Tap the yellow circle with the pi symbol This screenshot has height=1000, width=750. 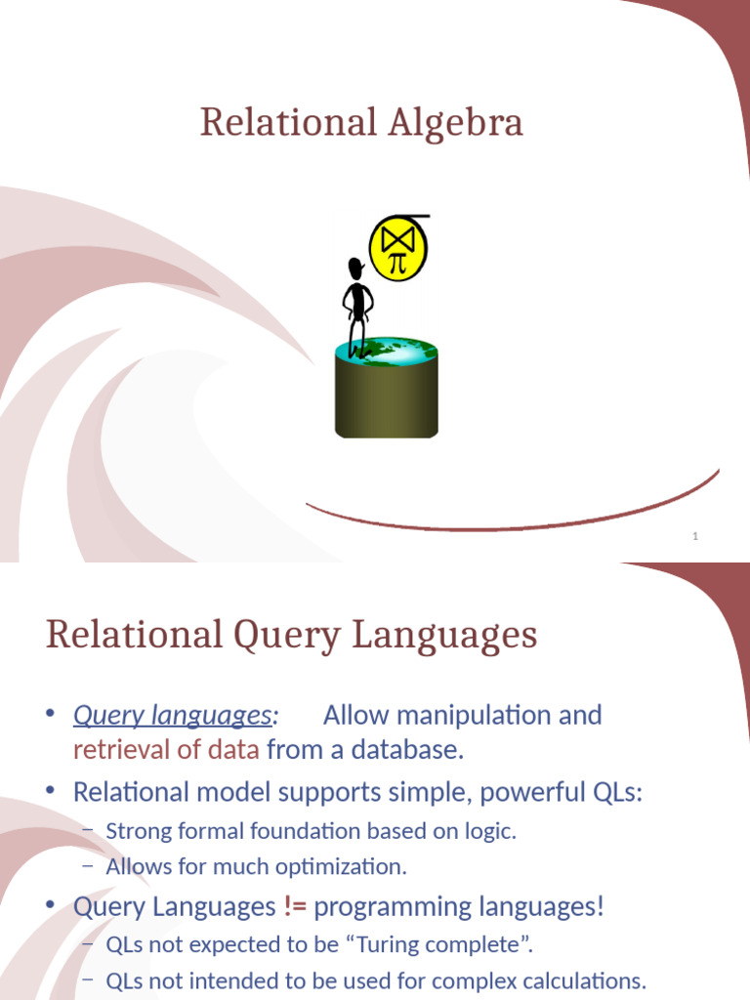397,248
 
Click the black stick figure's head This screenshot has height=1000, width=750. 356,269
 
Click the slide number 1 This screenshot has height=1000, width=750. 695,536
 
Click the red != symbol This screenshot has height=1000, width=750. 295,907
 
